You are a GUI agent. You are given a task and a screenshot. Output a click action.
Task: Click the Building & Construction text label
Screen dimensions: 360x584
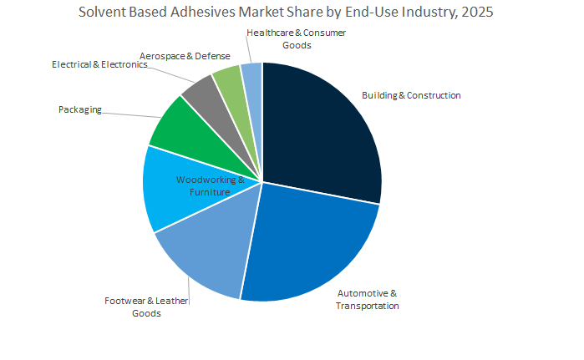(x=410, y=95)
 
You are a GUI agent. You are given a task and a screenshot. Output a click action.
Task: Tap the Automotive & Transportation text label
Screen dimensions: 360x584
(x=367, y=299)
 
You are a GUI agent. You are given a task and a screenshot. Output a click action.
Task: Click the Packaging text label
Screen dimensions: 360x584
(x=80, y=109)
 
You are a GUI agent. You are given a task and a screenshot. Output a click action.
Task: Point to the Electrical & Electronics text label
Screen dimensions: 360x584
(x=99, y=64)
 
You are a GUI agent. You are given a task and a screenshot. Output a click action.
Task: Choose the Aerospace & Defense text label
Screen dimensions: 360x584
(x=185, y=56)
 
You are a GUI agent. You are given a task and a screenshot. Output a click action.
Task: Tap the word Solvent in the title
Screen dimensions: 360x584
(x=102, y=13)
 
